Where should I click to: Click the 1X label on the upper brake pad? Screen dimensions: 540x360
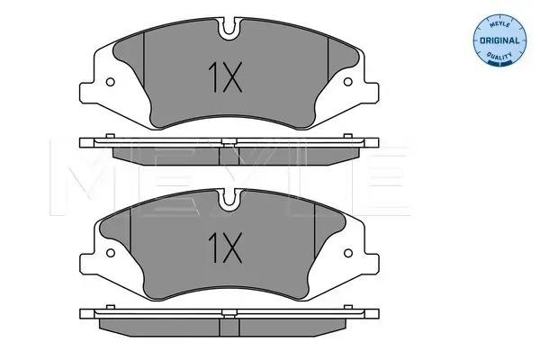225,77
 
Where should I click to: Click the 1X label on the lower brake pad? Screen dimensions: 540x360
225,247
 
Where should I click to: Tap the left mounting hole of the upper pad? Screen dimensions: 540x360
110,82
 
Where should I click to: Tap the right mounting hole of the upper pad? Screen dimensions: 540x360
348,82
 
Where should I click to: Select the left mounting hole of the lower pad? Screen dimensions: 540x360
110,253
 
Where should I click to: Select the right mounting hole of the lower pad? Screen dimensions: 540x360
348,253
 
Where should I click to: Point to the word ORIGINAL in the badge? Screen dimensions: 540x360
499,40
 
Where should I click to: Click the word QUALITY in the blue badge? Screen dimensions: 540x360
499,56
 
